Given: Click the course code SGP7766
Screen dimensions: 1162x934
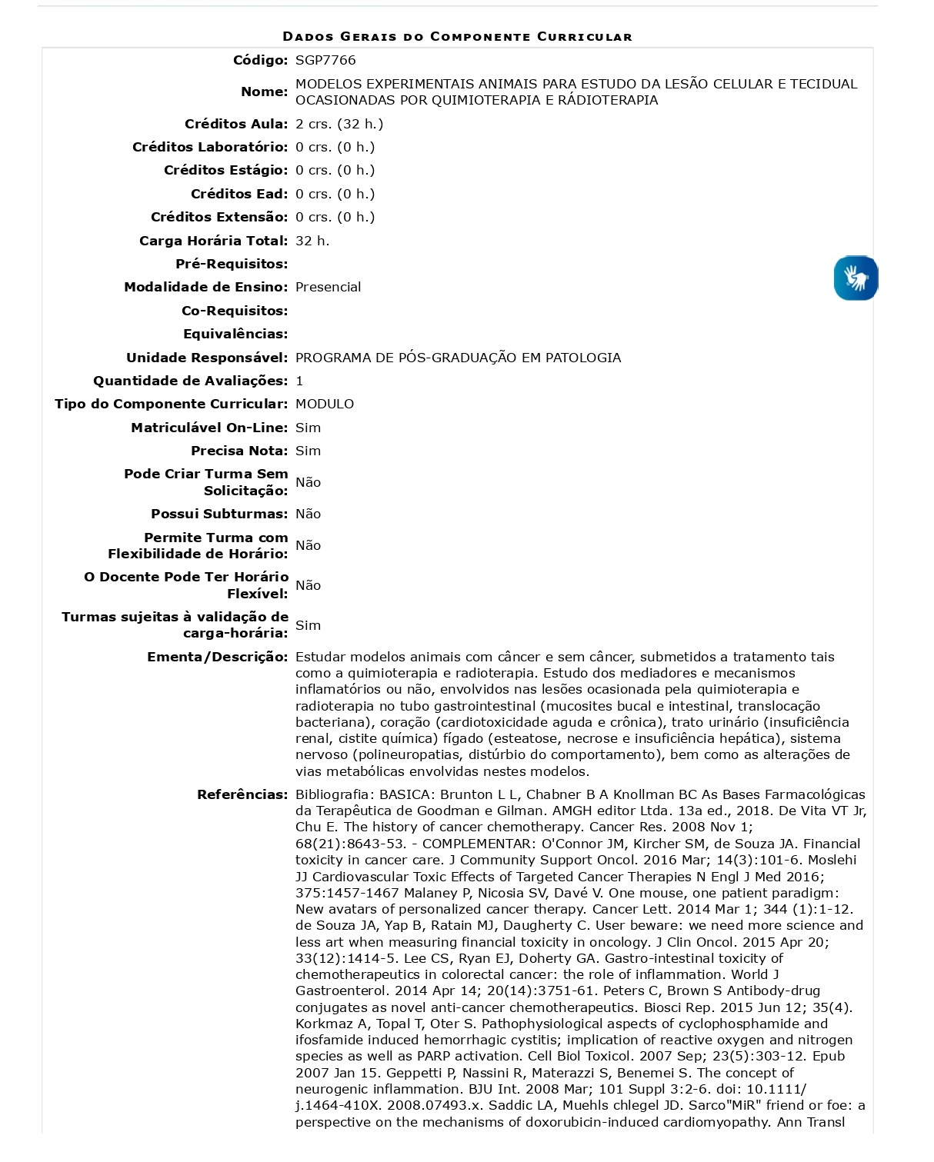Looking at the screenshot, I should [x=325, y=60].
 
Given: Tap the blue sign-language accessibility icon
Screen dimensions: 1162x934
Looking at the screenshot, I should [x=856, y=278].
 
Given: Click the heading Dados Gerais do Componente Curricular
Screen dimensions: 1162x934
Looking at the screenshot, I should [x=457, y=36].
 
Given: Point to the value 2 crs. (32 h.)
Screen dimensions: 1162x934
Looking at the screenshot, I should [x=339, y=124].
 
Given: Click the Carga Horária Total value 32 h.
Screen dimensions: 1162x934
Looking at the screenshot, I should [x=312, y=241].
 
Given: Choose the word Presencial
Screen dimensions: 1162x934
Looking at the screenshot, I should [x=328, y=287].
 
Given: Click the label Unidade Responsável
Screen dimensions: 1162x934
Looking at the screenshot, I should [x=207, y=358].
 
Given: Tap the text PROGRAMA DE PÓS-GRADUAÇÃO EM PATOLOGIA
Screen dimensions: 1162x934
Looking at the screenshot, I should [x=458, y=358].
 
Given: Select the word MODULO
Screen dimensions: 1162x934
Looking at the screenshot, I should [x=325, y=404].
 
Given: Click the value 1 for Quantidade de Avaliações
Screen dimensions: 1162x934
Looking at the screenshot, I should [x=299, y=381].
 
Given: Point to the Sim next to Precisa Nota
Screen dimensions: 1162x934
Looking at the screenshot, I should [x=308, y=451].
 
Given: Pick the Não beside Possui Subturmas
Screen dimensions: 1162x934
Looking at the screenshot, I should [x=308, y=514].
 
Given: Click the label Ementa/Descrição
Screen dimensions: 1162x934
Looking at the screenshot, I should [x=217, y=657].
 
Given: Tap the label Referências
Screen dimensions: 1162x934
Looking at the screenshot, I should [x=242, y=794].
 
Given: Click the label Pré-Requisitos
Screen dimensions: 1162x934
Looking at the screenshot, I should [x=232, y=264].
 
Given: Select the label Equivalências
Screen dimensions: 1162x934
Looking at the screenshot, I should [x=235, y=334].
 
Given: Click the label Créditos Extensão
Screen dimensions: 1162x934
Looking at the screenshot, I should [x=219, y=217].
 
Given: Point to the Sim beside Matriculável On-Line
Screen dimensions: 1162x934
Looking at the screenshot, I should [x=308, y=428].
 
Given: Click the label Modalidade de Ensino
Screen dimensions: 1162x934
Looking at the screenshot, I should [x=206, y=287].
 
